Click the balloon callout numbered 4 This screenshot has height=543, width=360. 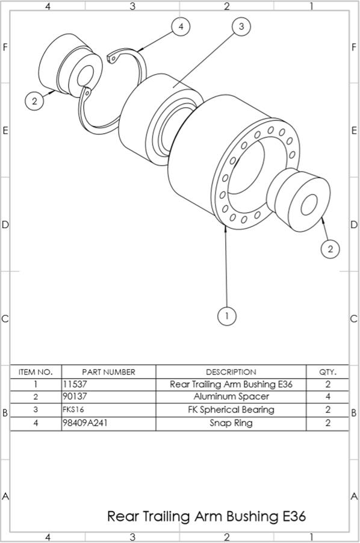[181, 26]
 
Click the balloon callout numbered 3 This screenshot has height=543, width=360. [241, 26]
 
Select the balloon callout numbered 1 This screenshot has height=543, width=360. [226, 315]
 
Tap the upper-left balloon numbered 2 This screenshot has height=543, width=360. [35, 101]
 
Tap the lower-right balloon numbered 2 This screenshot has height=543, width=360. [330, 248]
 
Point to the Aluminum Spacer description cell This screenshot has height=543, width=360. [231, 397]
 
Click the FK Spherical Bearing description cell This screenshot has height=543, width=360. [231, 410]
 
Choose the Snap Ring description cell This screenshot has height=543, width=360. [231, 423]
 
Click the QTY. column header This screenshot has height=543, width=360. [327, 372]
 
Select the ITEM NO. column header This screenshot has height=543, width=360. [36, 372]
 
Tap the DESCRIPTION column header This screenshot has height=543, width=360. [231, 372]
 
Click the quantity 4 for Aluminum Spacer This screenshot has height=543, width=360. [327, 397]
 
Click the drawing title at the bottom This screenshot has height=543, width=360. [206, 516]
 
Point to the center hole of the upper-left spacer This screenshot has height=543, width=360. [84, 75]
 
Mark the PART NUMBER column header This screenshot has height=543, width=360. [108, 372]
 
